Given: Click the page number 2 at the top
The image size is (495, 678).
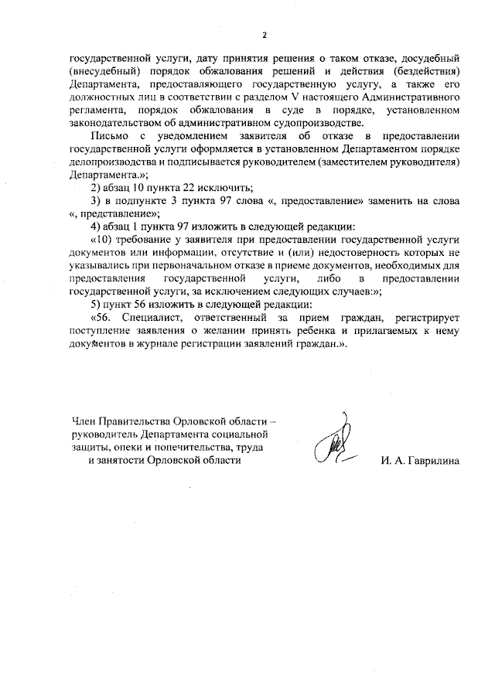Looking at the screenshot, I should [x=265, y=35].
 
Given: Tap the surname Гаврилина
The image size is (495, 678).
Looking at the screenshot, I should [x=429, y=461].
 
